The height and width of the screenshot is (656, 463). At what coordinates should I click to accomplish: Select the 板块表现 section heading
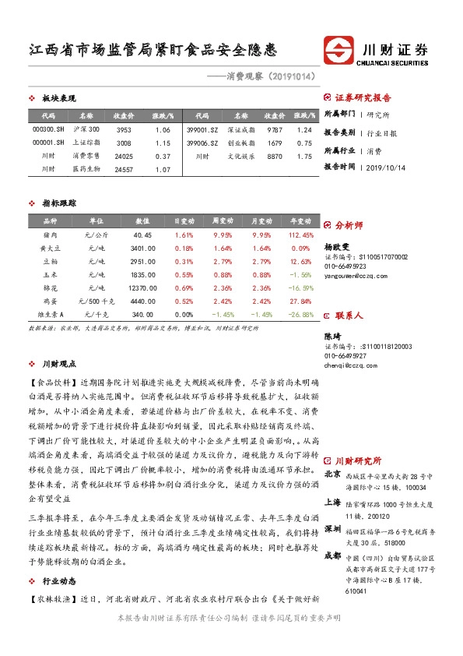click(58, 99)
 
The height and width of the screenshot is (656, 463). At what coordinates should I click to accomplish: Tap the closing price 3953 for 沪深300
click(124, 129)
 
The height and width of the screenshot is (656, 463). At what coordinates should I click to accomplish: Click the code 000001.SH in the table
click(48, 143)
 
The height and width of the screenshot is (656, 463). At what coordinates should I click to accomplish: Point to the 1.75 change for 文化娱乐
click(304, 156)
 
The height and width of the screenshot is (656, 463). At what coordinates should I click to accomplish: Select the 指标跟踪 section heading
click(58, 203)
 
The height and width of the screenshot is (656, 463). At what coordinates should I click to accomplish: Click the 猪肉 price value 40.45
click(142, 235)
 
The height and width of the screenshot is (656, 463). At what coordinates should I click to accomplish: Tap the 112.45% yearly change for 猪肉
click(300, 235)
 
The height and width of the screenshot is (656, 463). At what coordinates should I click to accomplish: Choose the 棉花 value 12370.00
click(142, 287)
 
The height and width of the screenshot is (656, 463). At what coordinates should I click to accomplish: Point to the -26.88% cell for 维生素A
click(300, 314)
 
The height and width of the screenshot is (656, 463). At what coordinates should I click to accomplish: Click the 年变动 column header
click(300, 221)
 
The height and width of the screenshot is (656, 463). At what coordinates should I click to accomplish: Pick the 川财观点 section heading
click(58, 363)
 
